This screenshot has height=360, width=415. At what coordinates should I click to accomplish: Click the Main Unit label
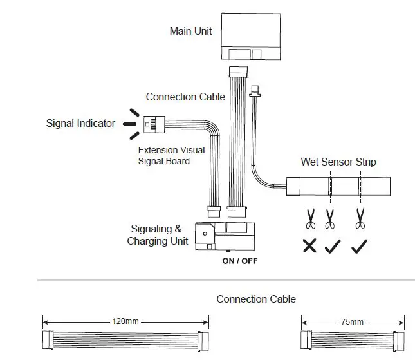(x=190, y=31)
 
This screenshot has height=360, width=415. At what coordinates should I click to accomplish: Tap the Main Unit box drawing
(x=252, y=35)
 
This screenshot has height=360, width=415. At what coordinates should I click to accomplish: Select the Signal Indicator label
(x=80, y=123)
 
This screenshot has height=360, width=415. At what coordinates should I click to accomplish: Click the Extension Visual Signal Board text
(x=171, y=155)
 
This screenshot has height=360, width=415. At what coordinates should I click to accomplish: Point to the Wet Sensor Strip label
(x=338, y=162)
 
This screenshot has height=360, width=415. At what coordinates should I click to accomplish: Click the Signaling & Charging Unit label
(x=157, y=234)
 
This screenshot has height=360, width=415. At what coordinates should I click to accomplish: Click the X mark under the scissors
(x=309, y=246)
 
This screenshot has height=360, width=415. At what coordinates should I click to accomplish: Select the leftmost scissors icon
(x=310, y=218)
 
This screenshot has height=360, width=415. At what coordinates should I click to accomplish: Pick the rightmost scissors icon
(x=360, y=218)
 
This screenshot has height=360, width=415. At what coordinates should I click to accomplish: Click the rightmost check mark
(x=359, y=246)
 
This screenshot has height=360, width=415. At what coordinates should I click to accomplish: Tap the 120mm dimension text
(x=126, y=321)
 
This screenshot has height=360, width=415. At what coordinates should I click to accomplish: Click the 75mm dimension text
(x=353, y=321)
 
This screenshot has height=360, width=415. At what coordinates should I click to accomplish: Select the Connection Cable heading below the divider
(x=256, y=299)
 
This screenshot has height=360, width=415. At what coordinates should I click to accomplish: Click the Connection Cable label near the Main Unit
(x=185, y=97)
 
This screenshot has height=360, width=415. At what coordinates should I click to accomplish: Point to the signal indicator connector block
(x=152, y=123)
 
